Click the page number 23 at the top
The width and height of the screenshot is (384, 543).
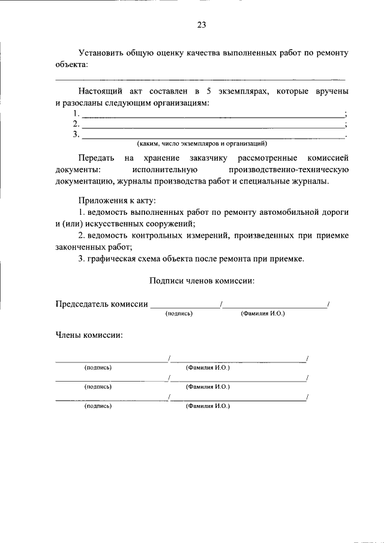coord(201,25)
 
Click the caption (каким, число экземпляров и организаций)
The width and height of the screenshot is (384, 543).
coord(202,144)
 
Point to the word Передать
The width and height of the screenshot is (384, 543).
coord(95,158)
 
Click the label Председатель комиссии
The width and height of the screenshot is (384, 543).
coord(101,304)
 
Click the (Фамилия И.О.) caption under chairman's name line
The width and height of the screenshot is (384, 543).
coord(262,314)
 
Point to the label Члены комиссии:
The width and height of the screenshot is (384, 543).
coord(89,335)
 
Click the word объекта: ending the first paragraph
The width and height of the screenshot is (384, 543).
coord(71,64)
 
